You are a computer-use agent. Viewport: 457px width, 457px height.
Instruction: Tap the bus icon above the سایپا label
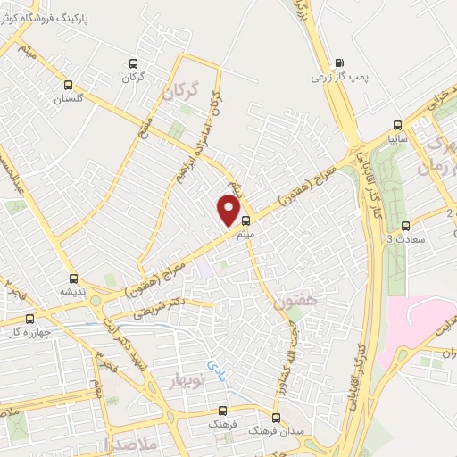coord(399,126)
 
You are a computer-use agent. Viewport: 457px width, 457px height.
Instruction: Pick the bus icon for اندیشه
coord(73,278)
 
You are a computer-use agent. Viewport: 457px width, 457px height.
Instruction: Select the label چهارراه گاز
coord(30,332)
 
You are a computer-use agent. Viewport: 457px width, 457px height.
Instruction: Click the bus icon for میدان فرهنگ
coord(276,417)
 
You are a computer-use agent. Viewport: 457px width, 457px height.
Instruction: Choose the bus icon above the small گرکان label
coord(134,63)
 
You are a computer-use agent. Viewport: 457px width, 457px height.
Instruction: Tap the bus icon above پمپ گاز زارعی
coord(339,63)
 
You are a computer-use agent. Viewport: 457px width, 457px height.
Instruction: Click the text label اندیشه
coord(73,292)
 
